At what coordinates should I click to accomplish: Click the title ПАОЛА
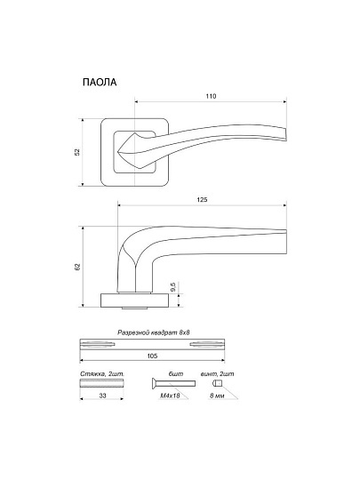100,83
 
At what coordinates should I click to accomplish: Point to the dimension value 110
211,96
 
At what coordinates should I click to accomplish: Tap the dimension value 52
77,152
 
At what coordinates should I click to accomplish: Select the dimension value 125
202,200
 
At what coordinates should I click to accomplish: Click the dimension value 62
77,267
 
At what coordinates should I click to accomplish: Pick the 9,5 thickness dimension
172,287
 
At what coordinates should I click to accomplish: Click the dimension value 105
152,356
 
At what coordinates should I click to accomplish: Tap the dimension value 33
102,396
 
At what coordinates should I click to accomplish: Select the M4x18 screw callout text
170,396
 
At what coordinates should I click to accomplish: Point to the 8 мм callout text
217,396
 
